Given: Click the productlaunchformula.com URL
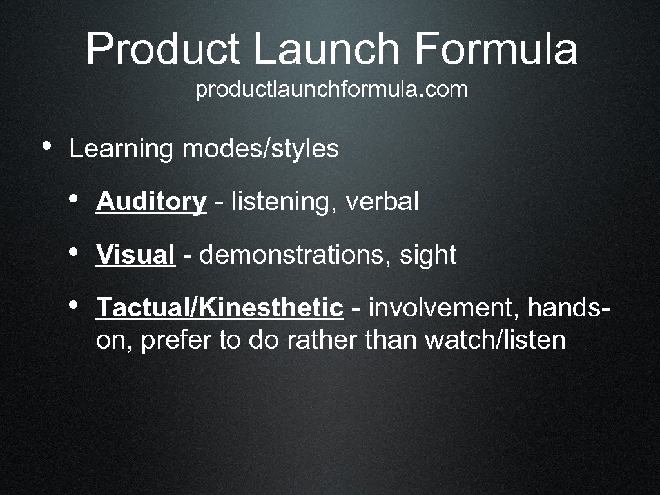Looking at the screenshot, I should coord(331,90).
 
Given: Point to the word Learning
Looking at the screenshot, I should coord(122,150).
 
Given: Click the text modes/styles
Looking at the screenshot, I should coord(260,150).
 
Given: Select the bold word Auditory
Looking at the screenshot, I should coord(151,202).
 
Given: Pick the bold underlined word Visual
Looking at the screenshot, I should coord(135,255).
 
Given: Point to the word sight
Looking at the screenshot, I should coord(428,256).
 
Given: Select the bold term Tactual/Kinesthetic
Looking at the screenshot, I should coord(219,308).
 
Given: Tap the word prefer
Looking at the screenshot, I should coord(176,340).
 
